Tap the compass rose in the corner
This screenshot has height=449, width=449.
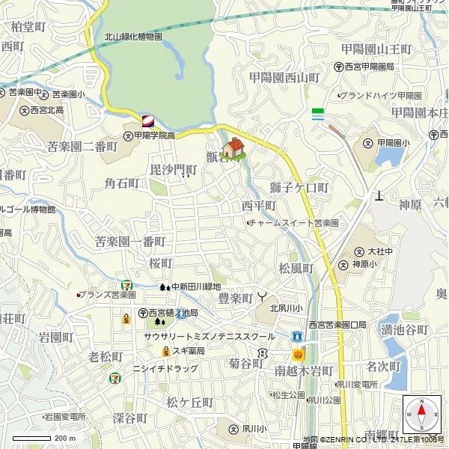[x=421, y=412]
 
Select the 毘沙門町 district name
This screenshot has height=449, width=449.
[x=173, y=171]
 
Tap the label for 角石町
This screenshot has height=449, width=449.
[x=122, y=183]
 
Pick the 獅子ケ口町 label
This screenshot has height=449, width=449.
[x=299, y=186]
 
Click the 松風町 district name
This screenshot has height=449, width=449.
[x=296, y=268]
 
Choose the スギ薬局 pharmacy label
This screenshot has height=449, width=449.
[x=189, y=350]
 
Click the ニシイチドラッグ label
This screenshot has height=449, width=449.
[x=165, y=368]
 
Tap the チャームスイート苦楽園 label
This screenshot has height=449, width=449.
[x=294, y=223]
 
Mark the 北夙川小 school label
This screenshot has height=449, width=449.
[x=286, y=308]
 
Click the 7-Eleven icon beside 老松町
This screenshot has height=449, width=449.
[x=114, y=378]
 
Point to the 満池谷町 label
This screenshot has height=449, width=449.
[x=404, y=330]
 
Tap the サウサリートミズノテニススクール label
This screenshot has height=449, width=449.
[x=210, y=337]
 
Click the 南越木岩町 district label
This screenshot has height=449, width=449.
[x=303, y=370]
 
